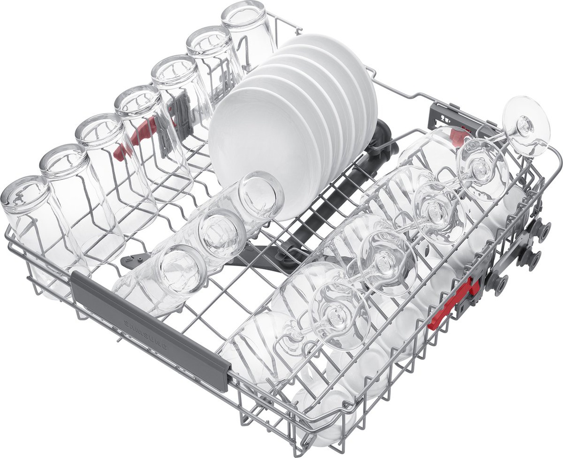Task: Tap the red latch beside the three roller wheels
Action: click(454, 300)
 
